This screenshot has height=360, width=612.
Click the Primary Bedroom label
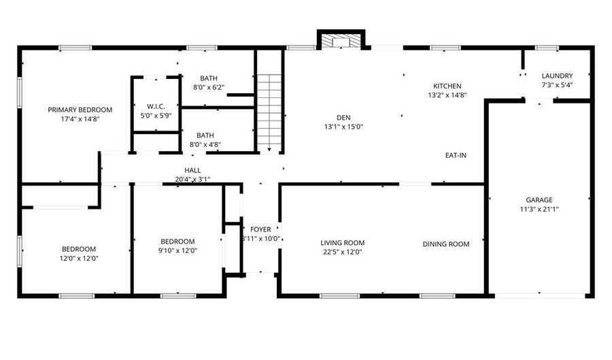[80, 110]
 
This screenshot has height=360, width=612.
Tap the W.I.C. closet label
[156, 106]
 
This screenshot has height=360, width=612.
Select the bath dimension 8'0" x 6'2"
[209, 88]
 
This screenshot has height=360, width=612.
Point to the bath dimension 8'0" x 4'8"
[205, 144]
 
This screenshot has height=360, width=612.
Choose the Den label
[343, 116]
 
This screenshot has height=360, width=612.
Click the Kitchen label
[447, 86]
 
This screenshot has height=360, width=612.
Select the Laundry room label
[557, 76]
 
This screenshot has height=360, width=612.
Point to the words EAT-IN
[456, 155]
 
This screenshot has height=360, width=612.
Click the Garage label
[539, 200]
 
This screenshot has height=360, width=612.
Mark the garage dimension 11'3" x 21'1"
[539, 210]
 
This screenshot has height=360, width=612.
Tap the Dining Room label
[446, 244]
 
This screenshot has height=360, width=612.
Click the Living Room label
[343, 243]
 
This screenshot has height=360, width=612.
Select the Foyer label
[260, 229]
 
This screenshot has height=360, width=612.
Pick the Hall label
[192, 170]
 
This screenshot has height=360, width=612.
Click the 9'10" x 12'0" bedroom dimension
[177, 250]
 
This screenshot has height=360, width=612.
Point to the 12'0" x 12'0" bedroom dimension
[79, 258]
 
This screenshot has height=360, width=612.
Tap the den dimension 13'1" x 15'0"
[343, 126]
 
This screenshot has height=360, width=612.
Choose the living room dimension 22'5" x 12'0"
[343, 252]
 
